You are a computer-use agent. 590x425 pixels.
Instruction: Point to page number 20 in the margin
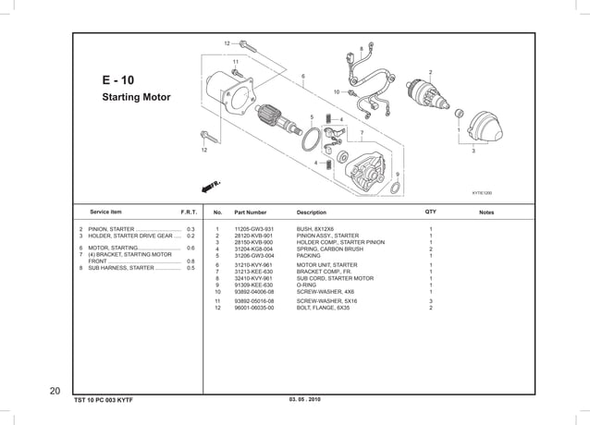coord(55,390)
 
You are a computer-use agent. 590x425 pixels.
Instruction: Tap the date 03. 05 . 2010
coord(304,398)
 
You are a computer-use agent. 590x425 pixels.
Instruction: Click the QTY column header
coord(430,212)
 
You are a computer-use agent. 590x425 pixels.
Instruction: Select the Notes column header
coord(486,212)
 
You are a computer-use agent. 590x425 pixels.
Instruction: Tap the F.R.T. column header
coord(189,212)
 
